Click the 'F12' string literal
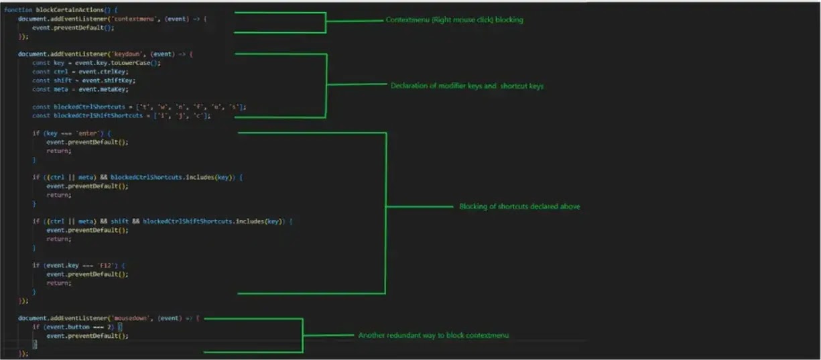tap(106, 265)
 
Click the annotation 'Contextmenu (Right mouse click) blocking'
tap(454, 20)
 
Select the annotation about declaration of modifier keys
tap(467, 85)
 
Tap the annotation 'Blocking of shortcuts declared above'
tap(519, 206)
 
